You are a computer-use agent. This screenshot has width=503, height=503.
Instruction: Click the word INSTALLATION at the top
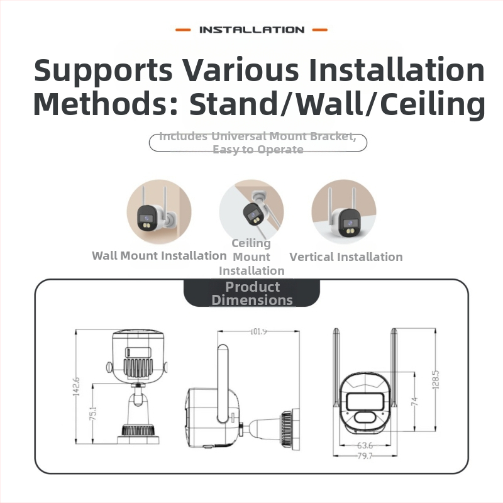(x=252, y=30)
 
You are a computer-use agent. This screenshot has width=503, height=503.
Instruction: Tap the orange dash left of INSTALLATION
(x=183, y=30)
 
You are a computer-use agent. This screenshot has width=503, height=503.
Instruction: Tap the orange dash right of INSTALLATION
(x=320, y=30)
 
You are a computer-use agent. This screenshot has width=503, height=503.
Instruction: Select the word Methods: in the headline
(x=106, y=104)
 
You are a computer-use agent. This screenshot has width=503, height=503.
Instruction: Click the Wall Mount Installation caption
(x=159, y=256)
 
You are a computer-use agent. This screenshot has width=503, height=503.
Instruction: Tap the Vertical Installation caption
(x=346, y=257)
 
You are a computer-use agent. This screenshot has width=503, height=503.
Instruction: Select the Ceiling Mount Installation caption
(x=251, y=257)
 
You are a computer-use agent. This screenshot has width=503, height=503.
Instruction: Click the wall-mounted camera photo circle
(x=159, y=211)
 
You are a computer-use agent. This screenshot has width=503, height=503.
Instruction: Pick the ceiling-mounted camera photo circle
(x=251, y=211)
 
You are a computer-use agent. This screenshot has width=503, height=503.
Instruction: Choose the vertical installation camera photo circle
(x=344, y=211)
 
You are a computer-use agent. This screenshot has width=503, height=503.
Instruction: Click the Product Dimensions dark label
(x=252, y=293)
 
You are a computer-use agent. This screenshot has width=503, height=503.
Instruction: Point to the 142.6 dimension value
(x=76, y=387)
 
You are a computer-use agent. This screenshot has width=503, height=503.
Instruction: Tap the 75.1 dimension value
(x=92, y=414)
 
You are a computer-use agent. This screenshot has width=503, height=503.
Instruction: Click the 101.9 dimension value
(x=258, y=331)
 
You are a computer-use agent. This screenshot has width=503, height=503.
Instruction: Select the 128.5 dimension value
(x=436, y=380)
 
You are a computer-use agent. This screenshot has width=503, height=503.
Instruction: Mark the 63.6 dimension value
(x=365, y=445)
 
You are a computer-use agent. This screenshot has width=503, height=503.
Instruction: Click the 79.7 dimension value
(x=365, y=455)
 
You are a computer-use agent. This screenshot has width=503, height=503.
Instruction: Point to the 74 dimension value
(x=414, y=401)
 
